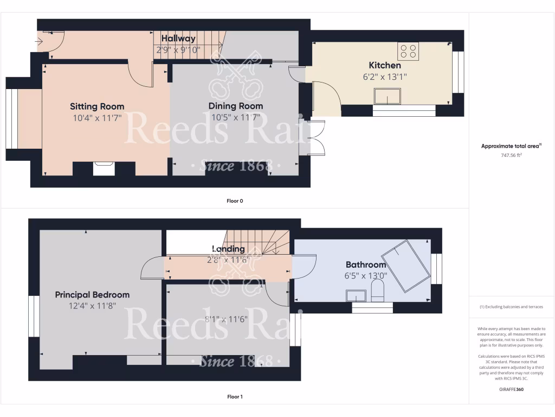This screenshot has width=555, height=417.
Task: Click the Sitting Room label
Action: coord(97,106)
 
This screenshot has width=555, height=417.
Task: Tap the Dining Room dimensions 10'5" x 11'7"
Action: coord(236,117)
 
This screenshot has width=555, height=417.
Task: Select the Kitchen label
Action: coord(385,65)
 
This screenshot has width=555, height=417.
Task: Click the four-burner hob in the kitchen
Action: coord(408,51)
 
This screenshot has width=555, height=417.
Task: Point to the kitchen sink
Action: coord(387,96)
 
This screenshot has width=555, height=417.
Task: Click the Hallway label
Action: coord(178,39)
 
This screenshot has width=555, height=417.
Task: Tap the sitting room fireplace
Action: coord(104,168)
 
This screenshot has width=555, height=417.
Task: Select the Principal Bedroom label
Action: coord(92,294)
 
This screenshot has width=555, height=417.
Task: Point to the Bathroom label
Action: coord(366,265)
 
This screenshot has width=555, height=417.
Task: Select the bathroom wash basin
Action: coord(356,295)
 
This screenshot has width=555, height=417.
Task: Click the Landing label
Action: coord(228,249)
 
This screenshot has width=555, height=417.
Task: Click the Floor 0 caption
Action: coord(235,201)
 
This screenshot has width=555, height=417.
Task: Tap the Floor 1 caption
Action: coord(235,397)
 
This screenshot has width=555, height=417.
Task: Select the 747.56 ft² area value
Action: coord(512,155)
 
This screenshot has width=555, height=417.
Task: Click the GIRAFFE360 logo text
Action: coord(512,389)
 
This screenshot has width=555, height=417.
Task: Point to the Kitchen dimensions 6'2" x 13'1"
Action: coord(385,77)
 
